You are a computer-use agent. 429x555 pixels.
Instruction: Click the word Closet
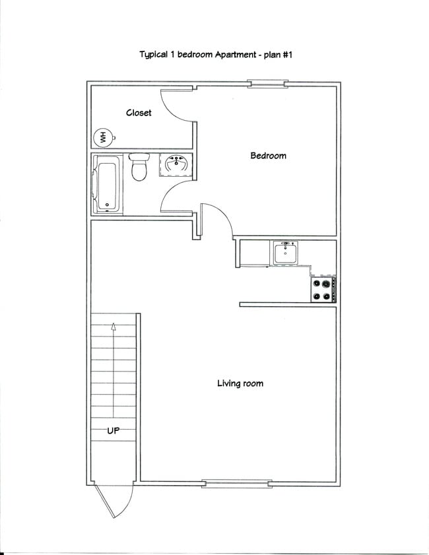[x=139, y=113]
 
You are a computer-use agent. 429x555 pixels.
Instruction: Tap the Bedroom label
[x=268, y=156]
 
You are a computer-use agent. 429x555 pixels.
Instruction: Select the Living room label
[x=240, y=383]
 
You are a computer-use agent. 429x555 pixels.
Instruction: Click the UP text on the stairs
[x=114, y=430]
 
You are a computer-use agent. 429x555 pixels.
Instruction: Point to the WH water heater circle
[x=102, y=138]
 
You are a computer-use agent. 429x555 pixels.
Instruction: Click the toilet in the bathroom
[x=139, y=168]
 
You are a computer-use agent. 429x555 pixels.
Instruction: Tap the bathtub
[x=106, y=184]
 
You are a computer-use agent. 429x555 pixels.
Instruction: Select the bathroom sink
[x=176, y=165]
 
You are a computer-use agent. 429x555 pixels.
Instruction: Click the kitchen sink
[x=285, y=253]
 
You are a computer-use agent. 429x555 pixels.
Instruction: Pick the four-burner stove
[x=323, y=289]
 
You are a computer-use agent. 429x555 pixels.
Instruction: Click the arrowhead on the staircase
[x=114, y=325]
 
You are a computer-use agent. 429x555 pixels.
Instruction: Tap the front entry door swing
[x=114, y=502]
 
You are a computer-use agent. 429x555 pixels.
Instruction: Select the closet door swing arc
[x=177, y=106]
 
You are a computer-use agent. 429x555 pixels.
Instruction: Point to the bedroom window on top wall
[x=267, y=83]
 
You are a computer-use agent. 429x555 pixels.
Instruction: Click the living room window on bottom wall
[x=236, y=484]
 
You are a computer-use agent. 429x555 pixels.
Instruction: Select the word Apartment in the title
[x=232, y=55]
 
